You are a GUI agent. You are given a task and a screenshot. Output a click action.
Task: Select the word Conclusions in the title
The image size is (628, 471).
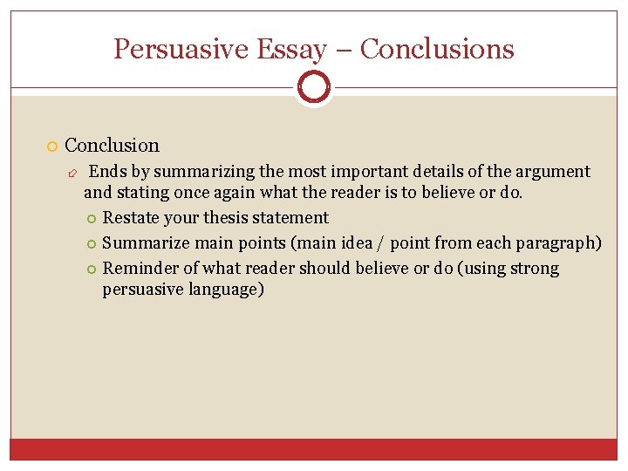(437, 49)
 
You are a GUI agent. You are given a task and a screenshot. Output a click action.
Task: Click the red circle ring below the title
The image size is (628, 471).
(314, 86)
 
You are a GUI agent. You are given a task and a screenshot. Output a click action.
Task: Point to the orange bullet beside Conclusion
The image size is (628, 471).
(52, 147)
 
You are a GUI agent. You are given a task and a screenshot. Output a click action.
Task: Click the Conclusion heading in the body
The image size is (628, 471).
(113, 146)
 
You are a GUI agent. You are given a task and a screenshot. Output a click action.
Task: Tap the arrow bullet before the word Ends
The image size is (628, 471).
(74, 173)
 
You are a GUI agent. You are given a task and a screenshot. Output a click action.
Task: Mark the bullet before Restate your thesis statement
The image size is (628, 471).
(92, 219)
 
